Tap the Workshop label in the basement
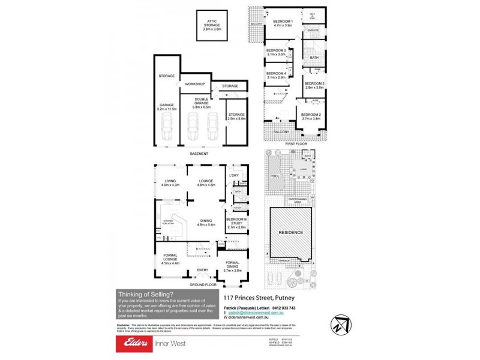[195, 83]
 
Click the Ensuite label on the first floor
[312, 29]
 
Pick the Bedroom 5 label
[276, 52]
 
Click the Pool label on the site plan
[275, 176]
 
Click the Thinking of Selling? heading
[145, 294]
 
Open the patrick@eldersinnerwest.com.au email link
[259, 313]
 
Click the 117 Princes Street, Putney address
[259, 298]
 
